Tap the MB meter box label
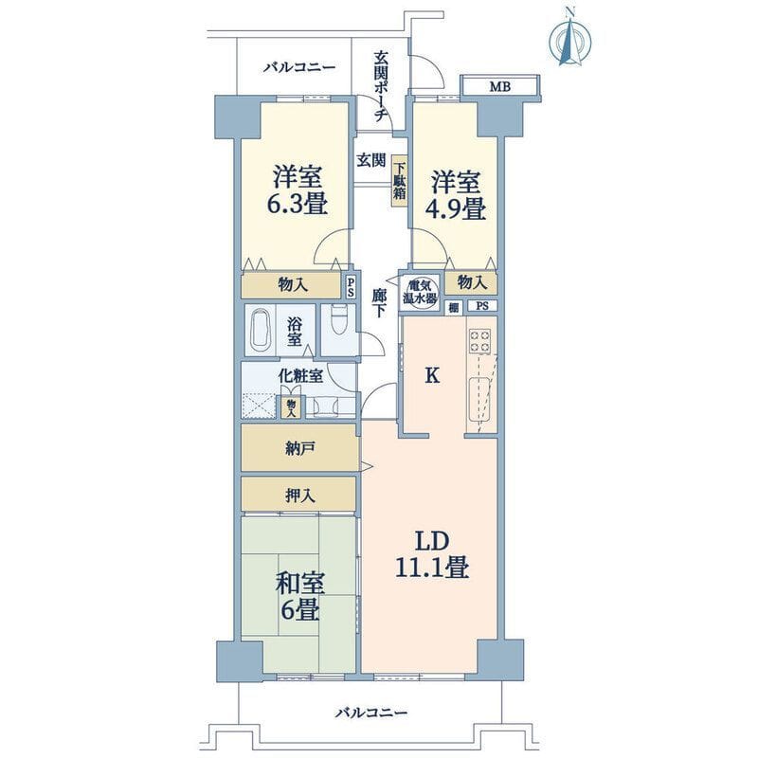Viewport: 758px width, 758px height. click(500, 87)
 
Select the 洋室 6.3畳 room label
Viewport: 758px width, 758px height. click(298, 190)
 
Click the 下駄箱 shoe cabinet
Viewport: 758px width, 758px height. click(399, 181)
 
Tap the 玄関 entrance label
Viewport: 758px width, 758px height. click(371, 160)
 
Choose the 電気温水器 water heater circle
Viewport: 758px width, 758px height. click(420, 292)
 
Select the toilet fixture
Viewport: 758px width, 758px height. click(338, 320)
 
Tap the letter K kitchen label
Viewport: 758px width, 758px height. click(432, 375)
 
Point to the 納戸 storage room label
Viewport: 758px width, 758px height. click(299, 449)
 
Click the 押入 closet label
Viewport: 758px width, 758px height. click(299, 496)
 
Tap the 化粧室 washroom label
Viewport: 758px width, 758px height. click(300, 376)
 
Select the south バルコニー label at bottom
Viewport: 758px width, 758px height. click(371, 713)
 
